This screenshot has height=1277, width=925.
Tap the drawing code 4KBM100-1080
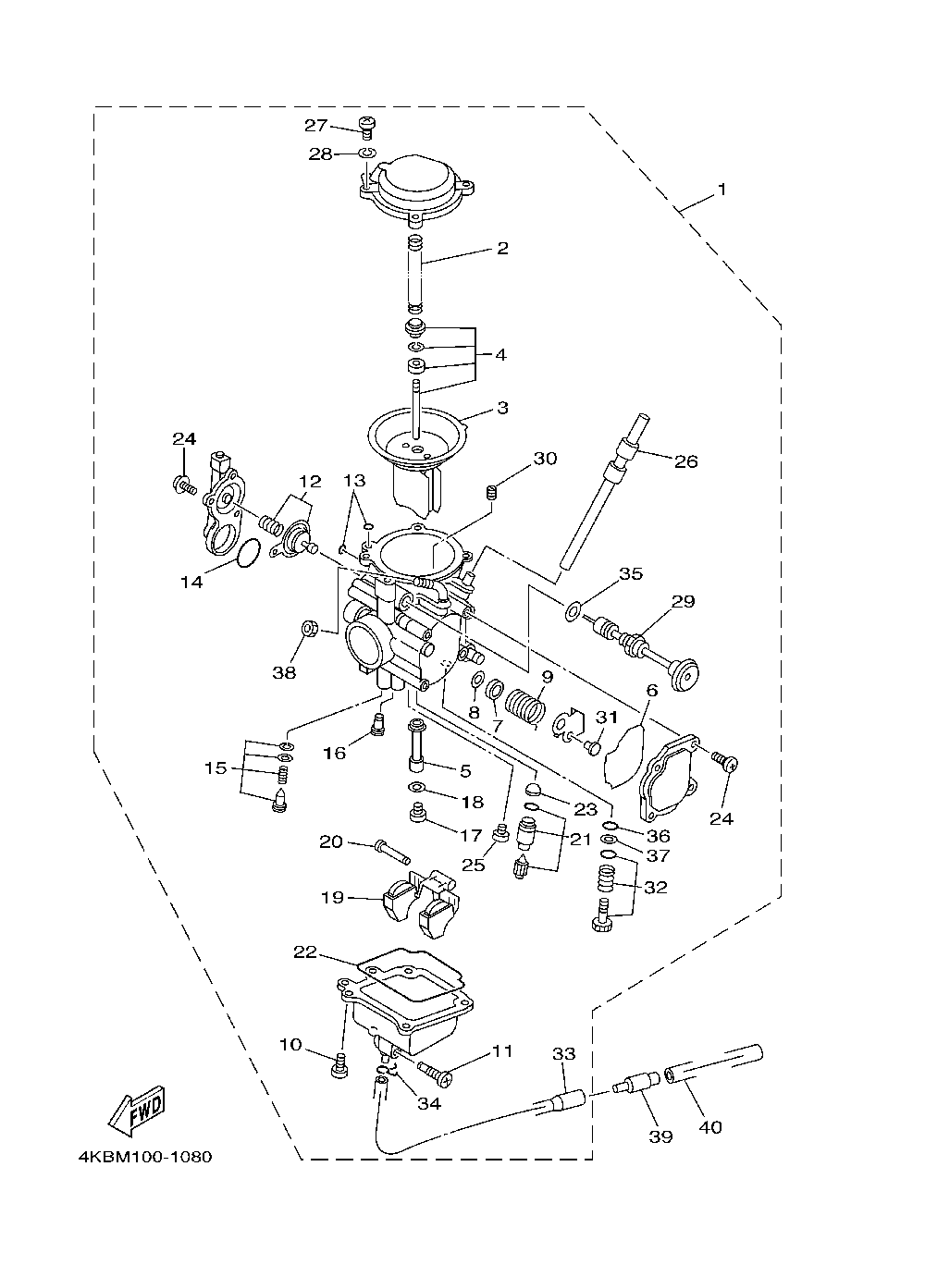[145, 1157]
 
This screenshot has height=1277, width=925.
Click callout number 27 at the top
[315, 126]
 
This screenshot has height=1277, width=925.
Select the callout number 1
[721, 189]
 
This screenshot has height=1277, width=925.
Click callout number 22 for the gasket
[305, 952]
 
